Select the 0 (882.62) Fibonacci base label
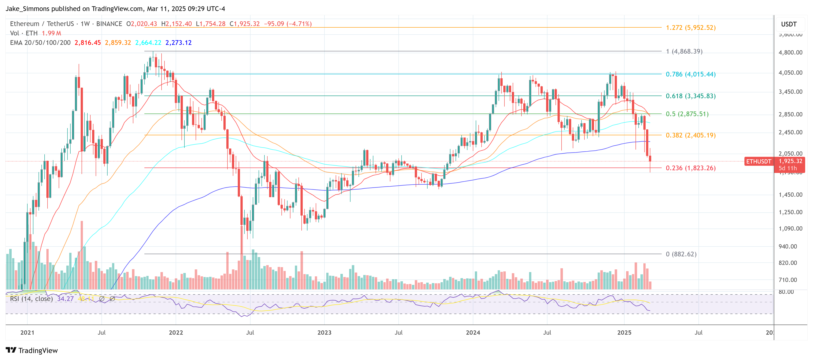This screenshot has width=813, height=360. click(x=681, y=254)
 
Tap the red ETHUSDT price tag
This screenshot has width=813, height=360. click(x=758, y=161)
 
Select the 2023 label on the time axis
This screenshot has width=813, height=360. click(x=324, y=333)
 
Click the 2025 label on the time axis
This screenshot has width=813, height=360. click(x=624, y=333)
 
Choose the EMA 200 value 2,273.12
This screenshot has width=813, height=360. click(x=178, y=43)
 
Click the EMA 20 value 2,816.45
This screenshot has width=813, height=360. click(x=87, y=43)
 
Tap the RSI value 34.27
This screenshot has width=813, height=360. click(x=65, y=299)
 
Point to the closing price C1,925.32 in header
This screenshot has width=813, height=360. click(x=244, y=24)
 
